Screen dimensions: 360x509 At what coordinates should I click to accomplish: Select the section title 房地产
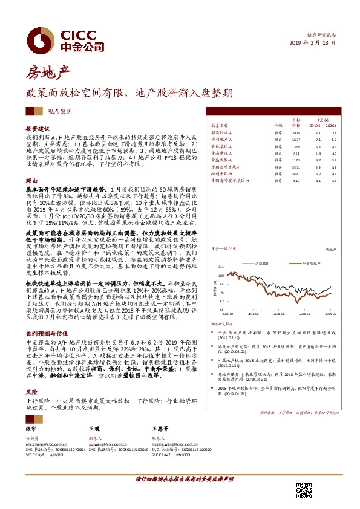click(x=43, y=74)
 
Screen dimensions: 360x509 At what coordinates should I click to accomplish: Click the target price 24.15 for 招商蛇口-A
click(x=296, y=132)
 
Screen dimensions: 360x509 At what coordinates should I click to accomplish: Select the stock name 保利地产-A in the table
click(x=221, y=139)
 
